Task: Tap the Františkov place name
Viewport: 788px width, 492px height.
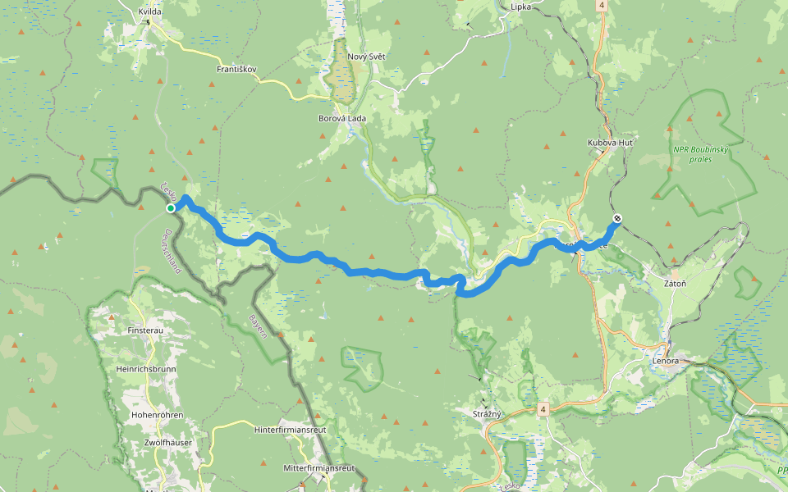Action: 238,70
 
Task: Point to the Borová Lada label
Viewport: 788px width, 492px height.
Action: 342,118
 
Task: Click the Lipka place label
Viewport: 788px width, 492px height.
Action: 520,7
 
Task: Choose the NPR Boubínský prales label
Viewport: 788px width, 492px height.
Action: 700,153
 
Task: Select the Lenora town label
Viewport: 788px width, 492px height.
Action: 666,361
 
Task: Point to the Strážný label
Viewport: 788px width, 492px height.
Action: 488,413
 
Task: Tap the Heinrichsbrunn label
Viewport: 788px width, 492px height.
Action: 146,369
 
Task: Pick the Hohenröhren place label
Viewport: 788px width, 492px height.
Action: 156,415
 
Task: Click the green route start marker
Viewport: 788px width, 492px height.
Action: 171,208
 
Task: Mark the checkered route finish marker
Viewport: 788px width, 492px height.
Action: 617,219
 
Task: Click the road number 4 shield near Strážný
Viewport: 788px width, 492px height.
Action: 543,408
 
